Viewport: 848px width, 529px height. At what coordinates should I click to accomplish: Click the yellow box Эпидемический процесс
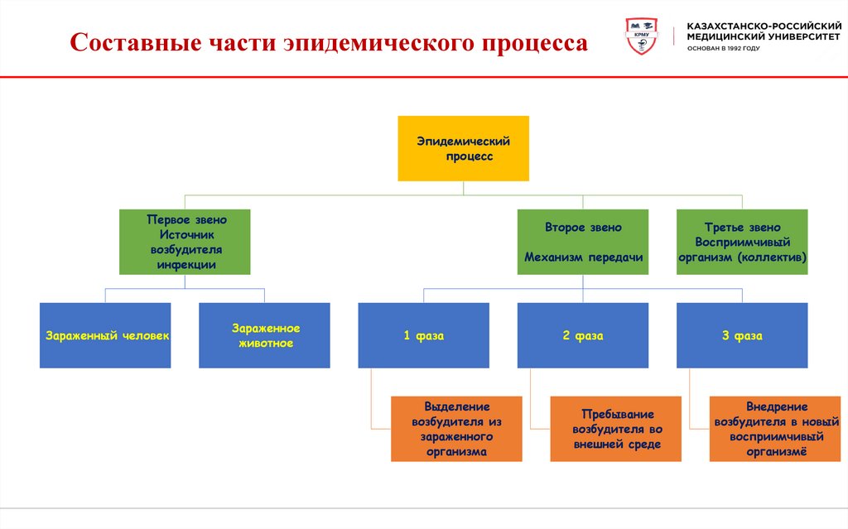463,148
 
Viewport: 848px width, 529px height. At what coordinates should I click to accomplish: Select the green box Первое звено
185,242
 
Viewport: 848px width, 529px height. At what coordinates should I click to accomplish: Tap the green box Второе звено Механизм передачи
583,242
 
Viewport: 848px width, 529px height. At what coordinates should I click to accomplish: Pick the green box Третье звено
742,242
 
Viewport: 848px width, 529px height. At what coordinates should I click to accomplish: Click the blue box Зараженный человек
105,335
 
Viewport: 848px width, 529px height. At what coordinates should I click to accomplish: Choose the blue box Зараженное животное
264,335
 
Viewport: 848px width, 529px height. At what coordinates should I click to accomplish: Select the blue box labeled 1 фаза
423,335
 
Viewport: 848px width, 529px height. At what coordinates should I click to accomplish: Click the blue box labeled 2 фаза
583,335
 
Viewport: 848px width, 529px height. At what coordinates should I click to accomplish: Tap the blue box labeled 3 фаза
742,335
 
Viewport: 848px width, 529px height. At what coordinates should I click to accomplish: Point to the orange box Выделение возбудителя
456,429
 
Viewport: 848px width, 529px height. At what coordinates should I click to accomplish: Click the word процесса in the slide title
531,44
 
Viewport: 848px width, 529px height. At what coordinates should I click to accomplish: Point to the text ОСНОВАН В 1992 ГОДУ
723,49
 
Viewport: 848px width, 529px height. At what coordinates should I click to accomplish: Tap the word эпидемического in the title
375,44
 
